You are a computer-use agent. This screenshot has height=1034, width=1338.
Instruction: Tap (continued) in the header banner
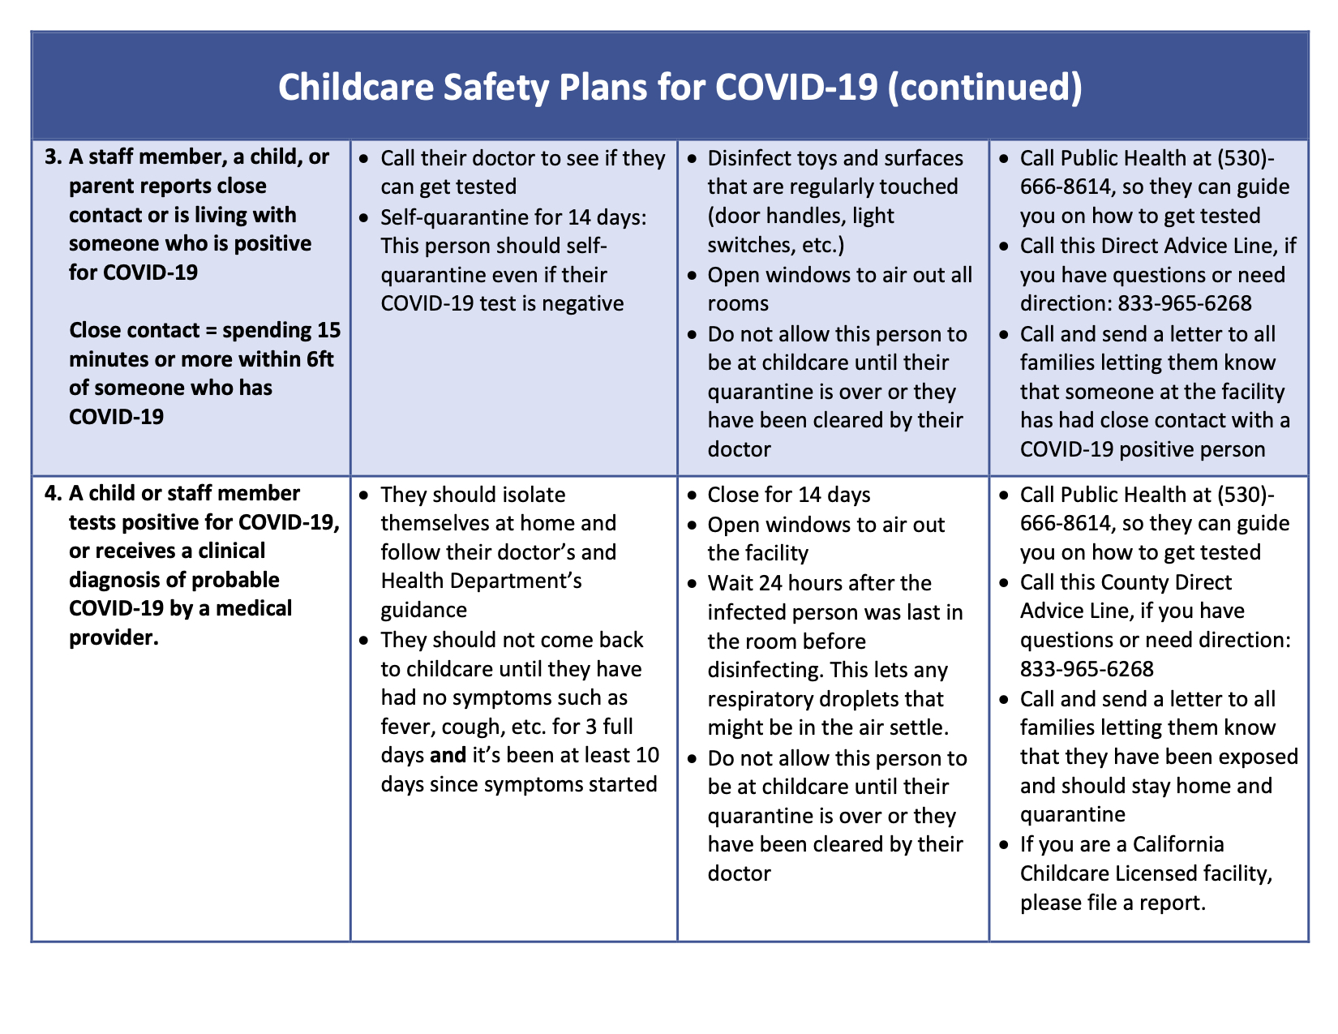click(984, 88)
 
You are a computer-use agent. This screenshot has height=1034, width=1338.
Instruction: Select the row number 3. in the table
click(55, 157)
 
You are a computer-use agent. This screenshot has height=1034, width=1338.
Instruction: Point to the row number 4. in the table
click(55, 493)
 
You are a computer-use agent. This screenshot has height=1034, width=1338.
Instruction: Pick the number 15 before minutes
click(327, 331)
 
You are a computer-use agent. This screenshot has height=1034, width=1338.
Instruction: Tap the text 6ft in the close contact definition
click(318, 359)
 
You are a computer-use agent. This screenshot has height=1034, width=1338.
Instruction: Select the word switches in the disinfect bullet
click(748, 245)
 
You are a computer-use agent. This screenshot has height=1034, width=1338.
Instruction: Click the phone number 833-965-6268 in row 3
click(1185, 303)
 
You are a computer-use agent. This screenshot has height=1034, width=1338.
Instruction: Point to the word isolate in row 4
click(524, 495)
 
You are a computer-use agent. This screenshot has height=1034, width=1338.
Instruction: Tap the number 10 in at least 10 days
click(647, 755)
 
